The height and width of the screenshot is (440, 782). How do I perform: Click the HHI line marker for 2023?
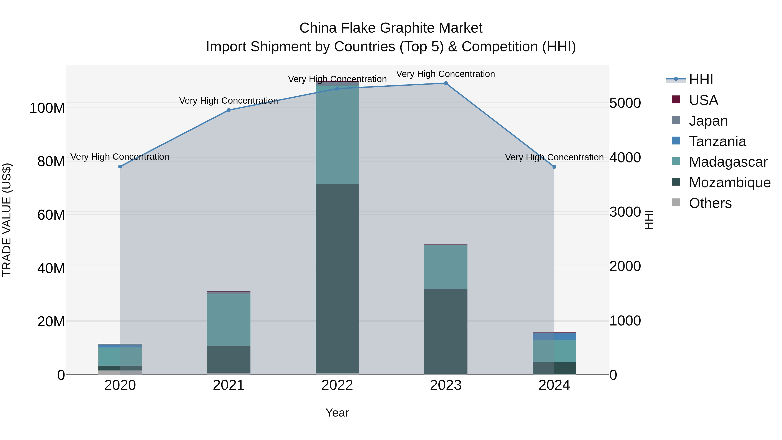pyautogui.click(x=446, y=83)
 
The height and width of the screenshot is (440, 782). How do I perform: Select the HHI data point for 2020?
pyautogui.click(x=120, y=166)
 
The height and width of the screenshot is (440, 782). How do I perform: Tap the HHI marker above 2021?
pyautogui.click(x=229, y=110)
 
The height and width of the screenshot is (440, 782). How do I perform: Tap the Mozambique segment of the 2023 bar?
pyautogui.click(x=446, y=331)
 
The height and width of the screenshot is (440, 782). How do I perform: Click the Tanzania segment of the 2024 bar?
pyautogui.click(x=554, y=336)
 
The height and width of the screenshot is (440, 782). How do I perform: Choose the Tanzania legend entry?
pyautogui.click(x=717, y=141)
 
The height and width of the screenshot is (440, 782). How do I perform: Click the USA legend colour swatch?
pyautogui.click(x=676, y=100)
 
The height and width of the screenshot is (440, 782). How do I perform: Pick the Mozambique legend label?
pyautogui.click(x=729, y=183)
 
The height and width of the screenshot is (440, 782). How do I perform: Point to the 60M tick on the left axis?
pyautogui.click(x=51, y=215)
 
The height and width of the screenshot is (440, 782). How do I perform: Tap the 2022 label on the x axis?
pyautogui.click(x=337, y=385)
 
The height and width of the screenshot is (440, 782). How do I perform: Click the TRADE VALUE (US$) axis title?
pyautogui.click(x=7, y=220)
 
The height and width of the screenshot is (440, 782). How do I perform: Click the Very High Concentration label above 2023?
pyautogui.click(x=446, y=74)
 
